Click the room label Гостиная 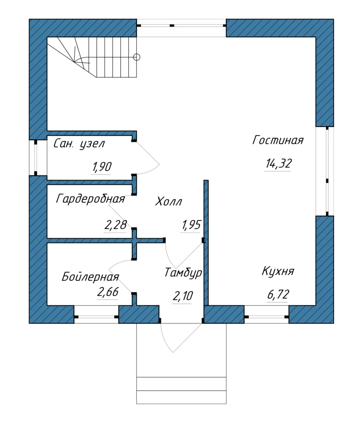(x=278, y=140)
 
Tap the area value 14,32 (x=279, y=163)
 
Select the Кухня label (x=278, y=271)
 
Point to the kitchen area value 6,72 (x=278, y=294)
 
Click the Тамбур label (x=183, y=273)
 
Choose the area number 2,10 (x=183, y=296)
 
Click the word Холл (x=168, y=201)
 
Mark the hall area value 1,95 (x=191, y=225)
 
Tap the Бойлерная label (x=90, y=277)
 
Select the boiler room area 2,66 (x=108, y=292)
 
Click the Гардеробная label (x=90, y=199)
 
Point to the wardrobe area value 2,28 (x=116, y=225)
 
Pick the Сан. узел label (x=79, y=144)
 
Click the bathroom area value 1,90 (x=102, y=167)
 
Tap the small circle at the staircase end (x=137, y=57)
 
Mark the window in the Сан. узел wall (x=35, y=158)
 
